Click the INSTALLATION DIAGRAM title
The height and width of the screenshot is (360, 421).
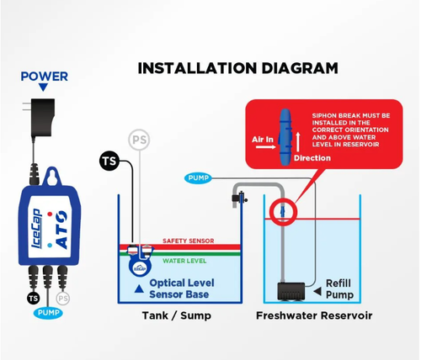pos(237,68)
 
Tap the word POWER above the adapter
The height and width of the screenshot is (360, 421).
pos(44,77)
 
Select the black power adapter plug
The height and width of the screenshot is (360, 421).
pos(42,117)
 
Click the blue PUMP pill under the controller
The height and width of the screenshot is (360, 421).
pos(48,313)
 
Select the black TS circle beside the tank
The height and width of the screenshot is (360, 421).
pos(109,161)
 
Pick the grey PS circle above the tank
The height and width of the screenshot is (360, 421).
pos(139,140)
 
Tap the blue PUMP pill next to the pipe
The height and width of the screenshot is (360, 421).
pos(198,178)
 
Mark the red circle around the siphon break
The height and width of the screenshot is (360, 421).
pos(283,212)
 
